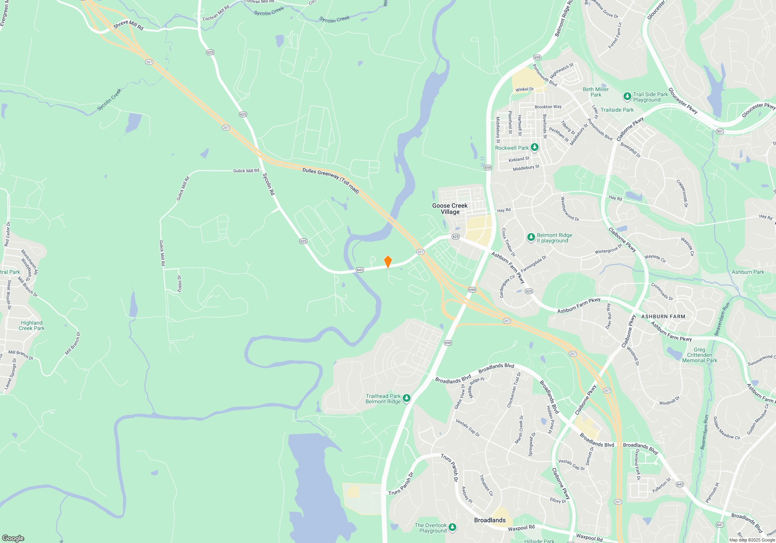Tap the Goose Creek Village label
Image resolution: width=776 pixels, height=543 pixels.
pyautogui.click(x=450, y=209)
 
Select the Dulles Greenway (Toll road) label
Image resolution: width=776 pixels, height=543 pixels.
pyautogui.click(x=331, y=180)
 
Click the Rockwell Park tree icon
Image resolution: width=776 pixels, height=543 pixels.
pyautogui.click(x=535, y=147)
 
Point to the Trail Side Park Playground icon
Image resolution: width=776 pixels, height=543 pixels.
pyautogui.click(x=627, y=96)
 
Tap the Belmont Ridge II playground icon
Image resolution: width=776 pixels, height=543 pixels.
pyautogui.click(x=531, y=237)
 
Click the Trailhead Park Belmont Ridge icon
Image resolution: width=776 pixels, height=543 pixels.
pyautogui.click(x=407, y=398)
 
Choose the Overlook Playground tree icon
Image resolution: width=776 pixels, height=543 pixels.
pyautogui.click(x=452, y=527)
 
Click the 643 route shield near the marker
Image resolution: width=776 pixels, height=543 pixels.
pyautogui.click(x=360, y=270)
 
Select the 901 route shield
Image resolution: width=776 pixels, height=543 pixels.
pyautogui.click(x=720, y=131)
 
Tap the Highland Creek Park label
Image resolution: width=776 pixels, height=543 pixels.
pyautogui.click(x=32, y=325)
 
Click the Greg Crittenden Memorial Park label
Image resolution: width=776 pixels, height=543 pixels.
pyautogui.click(x=700, y=355)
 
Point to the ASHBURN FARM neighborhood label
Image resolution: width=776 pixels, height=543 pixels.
pyautogui.click(x=663, y=316)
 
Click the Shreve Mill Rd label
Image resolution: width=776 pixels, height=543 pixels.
pyautogui.click(x=128, y=25)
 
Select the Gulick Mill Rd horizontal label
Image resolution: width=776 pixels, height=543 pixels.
pyautogui.click(x=246, y=171)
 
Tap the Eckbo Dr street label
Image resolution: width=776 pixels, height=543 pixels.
pyautogui.click(x=179, y=284)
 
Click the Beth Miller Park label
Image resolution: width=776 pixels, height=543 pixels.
pyautogui.click(x=596, y=92)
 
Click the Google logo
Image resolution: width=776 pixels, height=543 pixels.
pyautogui.click(x=13, y=538)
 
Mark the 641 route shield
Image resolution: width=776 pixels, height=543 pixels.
pyautogui.click(x=720, y=525)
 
